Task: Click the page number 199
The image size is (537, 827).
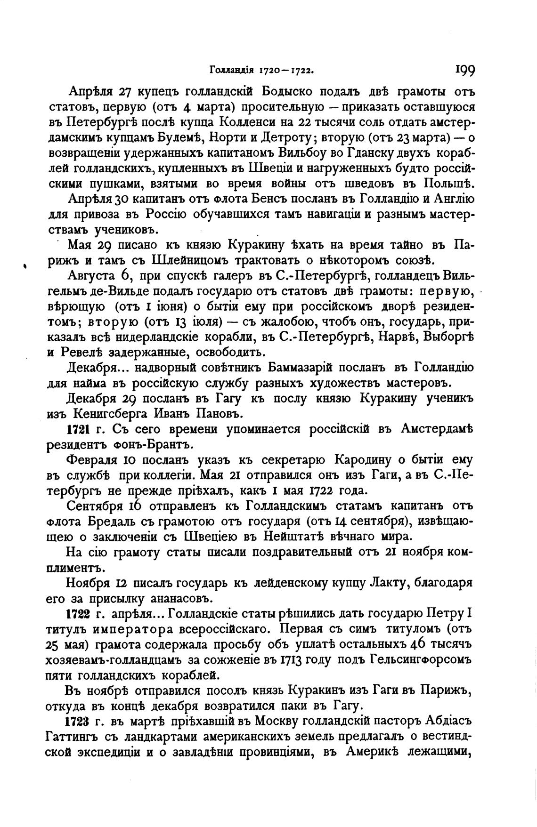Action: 464,71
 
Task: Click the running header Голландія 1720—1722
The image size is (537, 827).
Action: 261,71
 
